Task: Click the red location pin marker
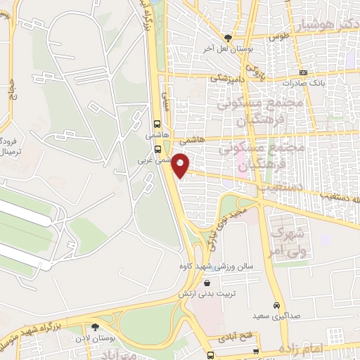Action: pyautogui.click(x=181, y=165)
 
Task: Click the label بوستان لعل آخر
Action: pyautogui.click(x=226, y=49)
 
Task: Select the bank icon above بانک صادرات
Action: pyautogui.click(x=303, y=72)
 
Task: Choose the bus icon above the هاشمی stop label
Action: pyautogui.click(x=157, y=121)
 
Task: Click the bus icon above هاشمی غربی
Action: pyautogui.click(x=158, y=149)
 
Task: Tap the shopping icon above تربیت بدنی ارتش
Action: pyautogui.click(x=207, y=283)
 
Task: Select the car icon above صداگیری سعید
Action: pyautogui.click(x=277, y=306)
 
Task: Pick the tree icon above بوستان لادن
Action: pyautogui.click(x=95, y=327)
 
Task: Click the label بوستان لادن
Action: pyautogui.click(x=96, y=338)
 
